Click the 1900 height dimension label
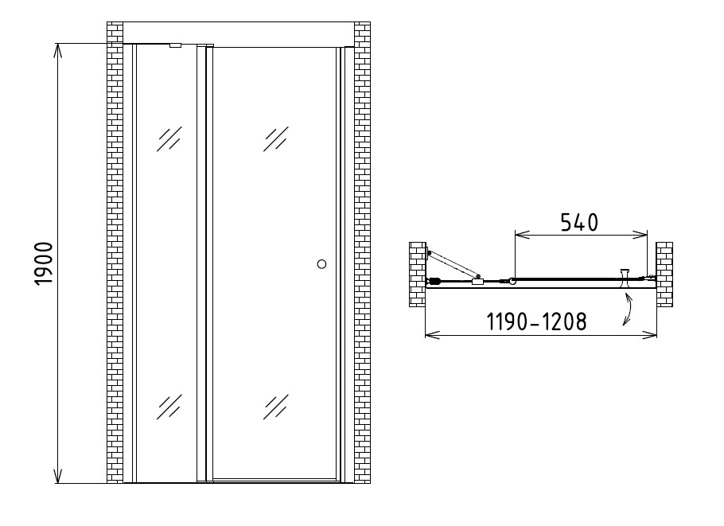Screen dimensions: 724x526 coord(45,263)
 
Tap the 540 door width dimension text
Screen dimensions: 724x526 coord(579,222)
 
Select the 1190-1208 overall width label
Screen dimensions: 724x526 coord(536,321)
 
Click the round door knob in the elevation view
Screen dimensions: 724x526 coord(322,263)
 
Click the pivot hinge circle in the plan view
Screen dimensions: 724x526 coord(512,280)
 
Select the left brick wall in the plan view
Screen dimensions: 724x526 coord(418,275)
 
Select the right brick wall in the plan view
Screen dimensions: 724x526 coord(664,275)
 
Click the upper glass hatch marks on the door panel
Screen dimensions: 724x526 coord(275,138)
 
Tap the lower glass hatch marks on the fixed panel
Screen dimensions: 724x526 coord(169,407)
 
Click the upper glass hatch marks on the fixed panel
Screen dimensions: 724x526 coord(169,138)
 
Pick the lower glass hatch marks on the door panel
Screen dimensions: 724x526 coord(275,407)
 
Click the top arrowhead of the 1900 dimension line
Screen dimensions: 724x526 coord(58,50)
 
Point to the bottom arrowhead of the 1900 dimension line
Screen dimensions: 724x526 coord(58,477)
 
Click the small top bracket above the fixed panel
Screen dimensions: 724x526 coord(176,45)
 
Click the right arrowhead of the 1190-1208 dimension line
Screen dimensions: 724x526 coord(650,334)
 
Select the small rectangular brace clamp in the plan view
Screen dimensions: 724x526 coord(477,281)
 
